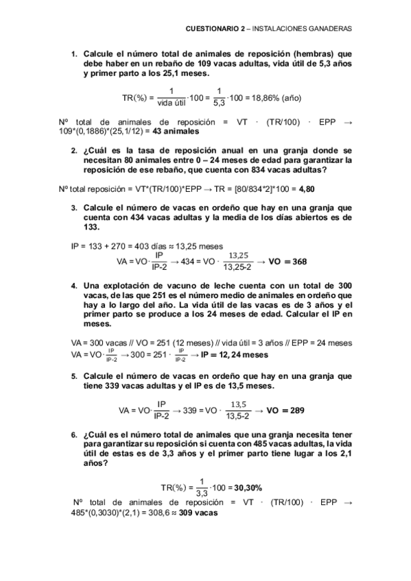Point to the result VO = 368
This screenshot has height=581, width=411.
287,261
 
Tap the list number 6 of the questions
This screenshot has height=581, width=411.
74,434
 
